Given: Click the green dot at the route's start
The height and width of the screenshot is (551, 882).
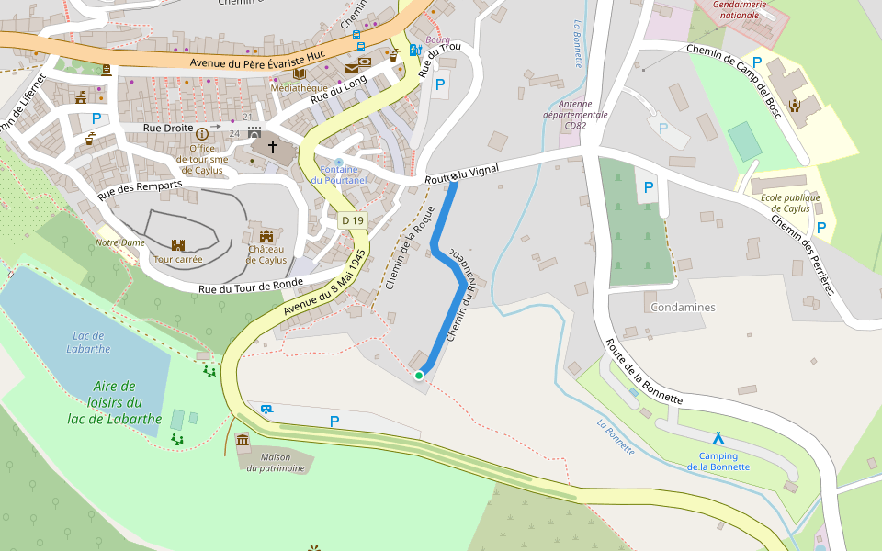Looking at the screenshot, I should (419, 375).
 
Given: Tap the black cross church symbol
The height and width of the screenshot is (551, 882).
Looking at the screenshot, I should (272, 146).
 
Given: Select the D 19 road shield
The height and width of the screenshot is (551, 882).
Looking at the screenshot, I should (353, 220).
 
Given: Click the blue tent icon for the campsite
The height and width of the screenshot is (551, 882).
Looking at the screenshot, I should (718, 438).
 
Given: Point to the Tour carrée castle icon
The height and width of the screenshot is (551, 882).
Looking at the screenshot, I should (178, 245).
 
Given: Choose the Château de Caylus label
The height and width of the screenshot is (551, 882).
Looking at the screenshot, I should (266, 253).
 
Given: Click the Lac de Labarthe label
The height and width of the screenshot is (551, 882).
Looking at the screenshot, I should (90, 342).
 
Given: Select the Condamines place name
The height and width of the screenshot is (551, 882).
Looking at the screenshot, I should (682, 307).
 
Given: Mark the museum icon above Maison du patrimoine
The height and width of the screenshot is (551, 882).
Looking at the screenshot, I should (243, 442).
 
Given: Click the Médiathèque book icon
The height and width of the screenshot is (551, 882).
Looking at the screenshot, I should (300, 73).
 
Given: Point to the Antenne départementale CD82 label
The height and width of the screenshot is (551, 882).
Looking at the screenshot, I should (588, 115).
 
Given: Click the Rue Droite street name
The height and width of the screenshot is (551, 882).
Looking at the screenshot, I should (168, 128).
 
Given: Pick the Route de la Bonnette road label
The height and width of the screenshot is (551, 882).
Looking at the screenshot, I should (643, 372).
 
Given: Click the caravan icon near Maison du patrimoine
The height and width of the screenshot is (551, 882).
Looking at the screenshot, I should (266, 409).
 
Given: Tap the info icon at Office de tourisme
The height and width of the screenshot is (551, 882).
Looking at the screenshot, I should (202, 134).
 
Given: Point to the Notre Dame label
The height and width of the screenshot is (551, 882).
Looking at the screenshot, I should (120, 242).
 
